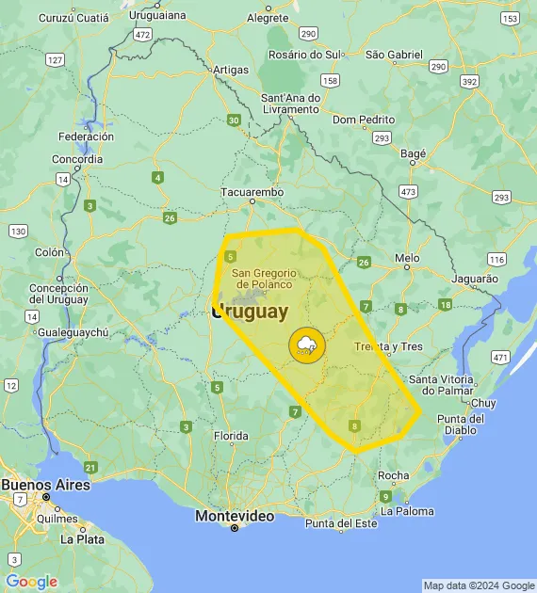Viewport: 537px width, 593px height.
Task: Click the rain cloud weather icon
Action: [x=307, y=345]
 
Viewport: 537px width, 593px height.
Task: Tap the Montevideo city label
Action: [x=235, y=516]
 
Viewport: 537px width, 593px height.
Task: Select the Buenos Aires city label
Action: [x=45, y=485]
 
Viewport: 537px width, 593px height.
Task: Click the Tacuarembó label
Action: [x=252, y=192]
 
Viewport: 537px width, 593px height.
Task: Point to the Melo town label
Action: [x=407, y=257]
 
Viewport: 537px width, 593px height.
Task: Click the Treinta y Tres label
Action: [x=387, y=346]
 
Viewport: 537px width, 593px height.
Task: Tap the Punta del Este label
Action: [x=340, y=523]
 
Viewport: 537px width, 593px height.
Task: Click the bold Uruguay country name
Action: [x=251, y=312]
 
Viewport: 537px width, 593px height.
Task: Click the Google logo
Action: [x=31, y=582]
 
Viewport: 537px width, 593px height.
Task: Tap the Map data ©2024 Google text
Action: [x=478, y=585]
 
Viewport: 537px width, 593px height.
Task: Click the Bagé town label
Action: [x=414, y=153]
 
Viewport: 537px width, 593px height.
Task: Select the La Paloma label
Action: [x=408, y=511]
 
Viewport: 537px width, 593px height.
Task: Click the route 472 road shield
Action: [x=142, y=34]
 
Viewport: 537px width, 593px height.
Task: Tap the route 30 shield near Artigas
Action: [x=233, y=120]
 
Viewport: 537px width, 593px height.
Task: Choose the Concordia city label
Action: [x=78, y=159]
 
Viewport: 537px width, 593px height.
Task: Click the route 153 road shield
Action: [x=510, y=19]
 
